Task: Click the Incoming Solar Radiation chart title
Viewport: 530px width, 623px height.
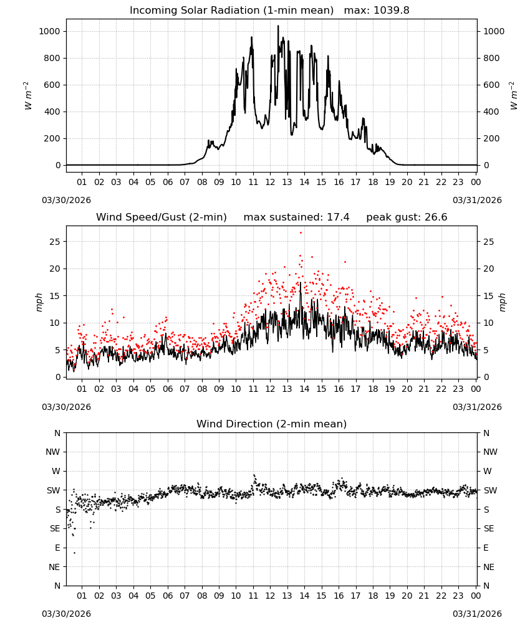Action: (x=231, y=10)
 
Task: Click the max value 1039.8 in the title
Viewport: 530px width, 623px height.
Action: (x=391, y=10)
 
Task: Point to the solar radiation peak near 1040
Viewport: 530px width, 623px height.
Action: (x=278, y=26)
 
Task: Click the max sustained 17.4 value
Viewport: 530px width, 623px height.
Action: (x=338, y=217)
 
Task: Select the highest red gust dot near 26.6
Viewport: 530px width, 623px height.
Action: (x=301, y=233)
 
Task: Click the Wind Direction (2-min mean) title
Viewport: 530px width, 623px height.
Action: (x=272, y=424)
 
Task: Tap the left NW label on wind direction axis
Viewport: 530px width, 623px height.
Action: (x=53, y=452)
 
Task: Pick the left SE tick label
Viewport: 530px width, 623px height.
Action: (x=55, y=528)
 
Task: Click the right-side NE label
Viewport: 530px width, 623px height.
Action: (x=489, y=567)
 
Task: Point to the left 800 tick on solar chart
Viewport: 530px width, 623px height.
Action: (x=52, y=58)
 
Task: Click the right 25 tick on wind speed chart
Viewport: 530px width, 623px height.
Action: (x=489, y=242)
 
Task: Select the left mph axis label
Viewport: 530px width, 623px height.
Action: (x=39, y=302)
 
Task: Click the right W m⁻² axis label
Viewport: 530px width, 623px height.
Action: (x=514, y=95)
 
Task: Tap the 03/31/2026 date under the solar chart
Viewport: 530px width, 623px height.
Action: (x=477, y=200)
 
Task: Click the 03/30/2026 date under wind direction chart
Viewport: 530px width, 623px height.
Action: (x=66, y=614)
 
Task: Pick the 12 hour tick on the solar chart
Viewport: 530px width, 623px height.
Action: (x=270, y=182)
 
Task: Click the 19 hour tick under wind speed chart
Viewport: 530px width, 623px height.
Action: (x=390, y=389)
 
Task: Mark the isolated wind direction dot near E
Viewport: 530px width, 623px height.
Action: (x=74, y=553)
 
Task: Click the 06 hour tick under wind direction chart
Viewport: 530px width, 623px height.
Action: (x=167, y=596)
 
